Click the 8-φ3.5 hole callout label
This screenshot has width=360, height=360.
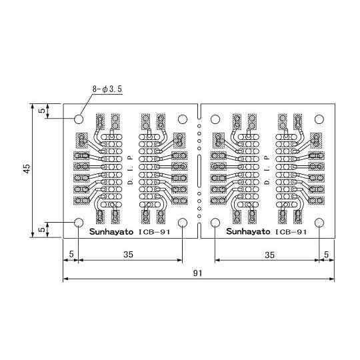(x=107, y=89)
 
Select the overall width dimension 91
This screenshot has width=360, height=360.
(x=198, y=273)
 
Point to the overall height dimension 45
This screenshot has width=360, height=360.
(x=27, y=169)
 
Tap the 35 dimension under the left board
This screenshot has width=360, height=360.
(x=129, y=255)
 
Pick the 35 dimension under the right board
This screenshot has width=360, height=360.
(x=269, y=255)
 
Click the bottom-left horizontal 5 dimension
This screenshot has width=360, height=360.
(x=71, y=254)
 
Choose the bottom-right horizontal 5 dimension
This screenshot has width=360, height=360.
(x=326, y=255)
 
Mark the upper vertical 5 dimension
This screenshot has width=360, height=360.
(x=42, y=111)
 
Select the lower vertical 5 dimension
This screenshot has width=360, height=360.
(x=42, y=229)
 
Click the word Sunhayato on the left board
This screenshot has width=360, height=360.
(x=111, y=231)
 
